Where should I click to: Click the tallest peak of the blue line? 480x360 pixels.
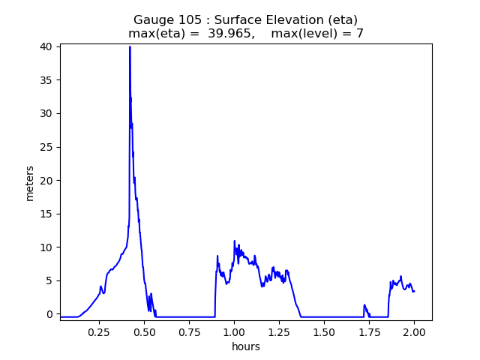coord(130,47)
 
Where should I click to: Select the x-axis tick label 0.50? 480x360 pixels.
coord(144,332)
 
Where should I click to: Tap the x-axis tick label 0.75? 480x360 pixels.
coord(189,332)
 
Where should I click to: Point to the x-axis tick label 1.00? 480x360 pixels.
coord(234,332)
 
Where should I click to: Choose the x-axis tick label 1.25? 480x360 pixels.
coord(279,332)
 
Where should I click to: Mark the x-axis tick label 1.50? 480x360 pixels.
coord(324,332)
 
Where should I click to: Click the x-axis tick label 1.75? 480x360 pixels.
coord(369,332)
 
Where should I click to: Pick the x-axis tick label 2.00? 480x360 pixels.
coord(414,332)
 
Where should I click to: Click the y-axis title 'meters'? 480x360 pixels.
coord(30,183)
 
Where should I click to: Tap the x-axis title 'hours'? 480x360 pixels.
coord(246,346)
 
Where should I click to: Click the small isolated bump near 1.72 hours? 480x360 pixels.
coord(364,305)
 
